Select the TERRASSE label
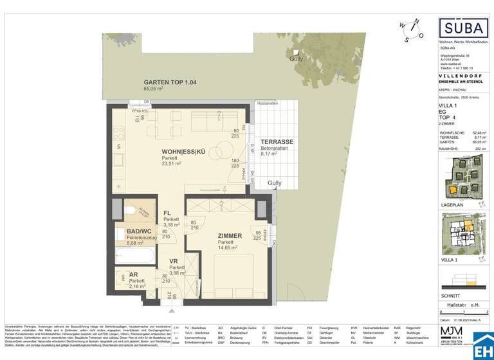point(277,141)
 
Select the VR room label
point(173,261)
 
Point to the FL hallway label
point(166,213)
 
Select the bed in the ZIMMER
point(232,273)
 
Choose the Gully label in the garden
point(296,59)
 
